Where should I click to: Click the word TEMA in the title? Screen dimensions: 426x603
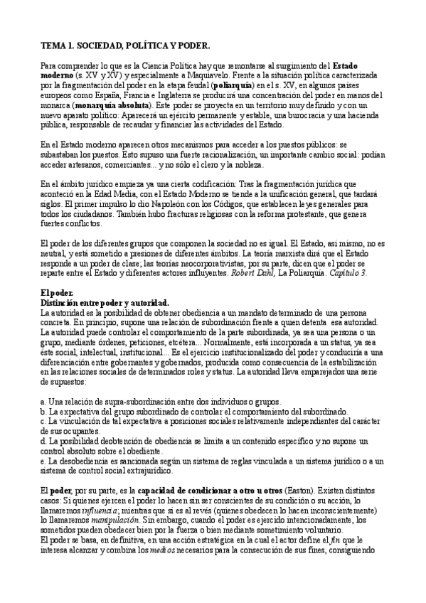[53, 46]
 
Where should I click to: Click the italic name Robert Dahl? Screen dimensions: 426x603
[265, 271]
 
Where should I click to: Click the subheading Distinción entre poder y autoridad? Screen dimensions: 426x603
[104, 302]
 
